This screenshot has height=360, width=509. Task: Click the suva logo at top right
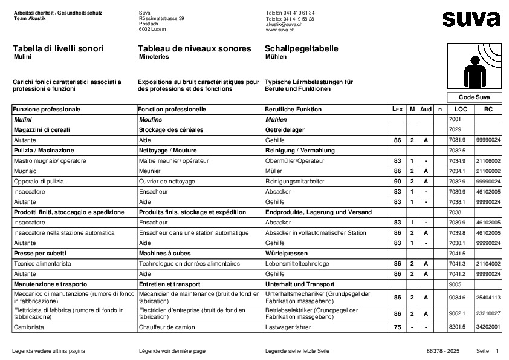coord(471,19)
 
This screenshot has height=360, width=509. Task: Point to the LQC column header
coord(461,110)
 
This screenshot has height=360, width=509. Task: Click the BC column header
coord(488,110)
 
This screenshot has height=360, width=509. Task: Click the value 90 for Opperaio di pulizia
coord(397,182)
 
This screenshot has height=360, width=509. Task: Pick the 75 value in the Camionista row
coord(397,327)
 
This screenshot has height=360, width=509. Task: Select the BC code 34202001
coord(488,327)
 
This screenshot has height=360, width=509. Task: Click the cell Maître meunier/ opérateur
coord(174,161)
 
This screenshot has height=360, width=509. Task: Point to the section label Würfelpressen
coord(287,254)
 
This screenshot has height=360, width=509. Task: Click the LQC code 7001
coord(455,120)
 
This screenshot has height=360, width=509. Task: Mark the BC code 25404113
coord(488,298)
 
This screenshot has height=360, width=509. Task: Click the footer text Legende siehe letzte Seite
coord(297,351)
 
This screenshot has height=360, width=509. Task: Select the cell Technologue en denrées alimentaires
coord(189,264)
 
